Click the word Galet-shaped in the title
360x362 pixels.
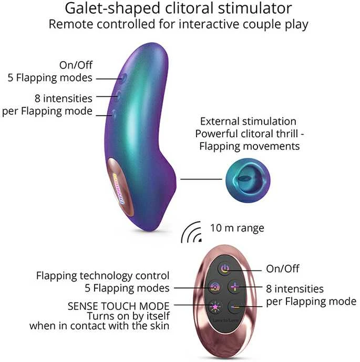click(x=112, y=8)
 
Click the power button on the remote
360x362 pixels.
click(x=225, y=269)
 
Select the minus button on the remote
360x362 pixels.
click(x=235, y=307)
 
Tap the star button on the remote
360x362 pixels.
click(x=215, y=307)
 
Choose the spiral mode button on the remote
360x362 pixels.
click(x=215, y=287)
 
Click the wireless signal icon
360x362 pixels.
click(x=191, y=233)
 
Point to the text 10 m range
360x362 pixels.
click(x=237, y=228)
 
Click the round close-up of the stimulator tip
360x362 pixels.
click(x=248, y=180)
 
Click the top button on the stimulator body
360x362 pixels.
click(x=124, y=78)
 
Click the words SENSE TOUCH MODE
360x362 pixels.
click(x=119, y=306)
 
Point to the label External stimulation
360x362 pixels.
click(x=248, y=122)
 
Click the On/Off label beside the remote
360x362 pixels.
click(x=283, y=269)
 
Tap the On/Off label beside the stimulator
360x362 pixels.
click(x=76, y=65)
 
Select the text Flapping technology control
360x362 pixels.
click(x=103, y=276)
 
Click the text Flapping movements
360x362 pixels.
click(x=250, y=146)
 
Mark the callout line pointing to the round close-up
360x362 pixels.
click(x=201, y=179)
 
